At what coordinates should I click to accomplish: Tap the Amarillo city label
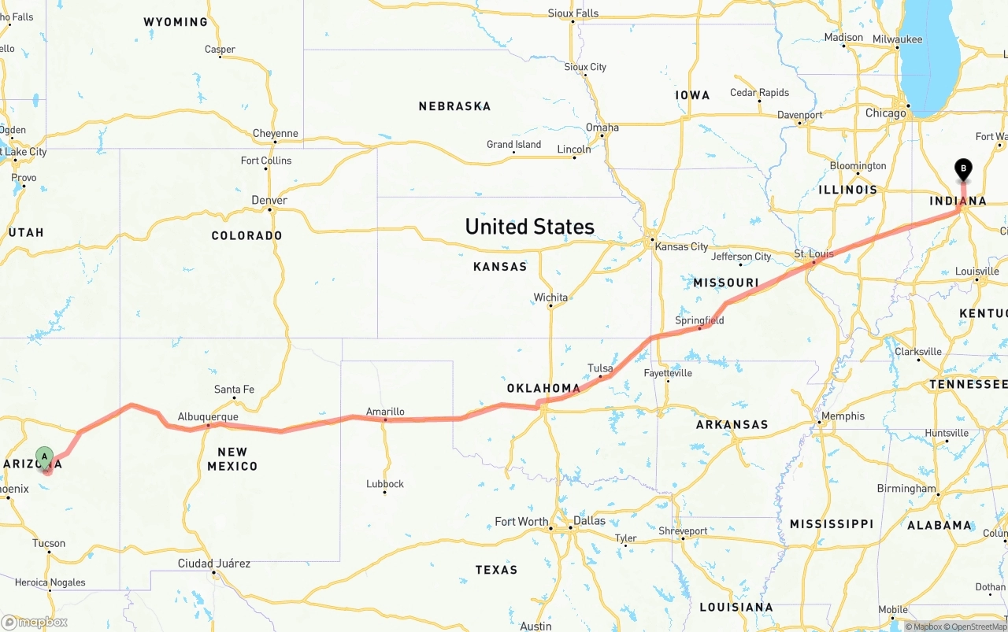click(x=385, y=412)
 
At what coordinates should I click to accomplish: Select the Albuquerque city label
click(x=208, y=416)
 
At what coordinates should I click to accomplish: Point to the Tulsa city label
click(x=600, y=368)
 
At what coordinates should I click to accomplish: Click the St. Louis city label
click(x=813, y=253)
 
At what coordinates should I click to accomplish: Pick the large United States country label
click(x=529, y=227)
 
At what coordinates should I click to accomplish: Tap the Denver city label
click(x=269, y=200)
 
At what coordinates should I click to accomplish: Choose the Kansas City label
click(x=681, y=246)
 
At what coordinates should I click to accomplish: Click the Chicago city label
click(x=886, y=113)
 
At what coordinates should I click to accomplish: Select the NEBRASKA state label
click(x=454, y=106)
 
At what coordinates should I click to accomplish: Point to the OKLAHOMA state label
click(x=543, y=388)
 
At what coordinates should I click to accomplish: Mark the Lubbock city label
click(x=385, y=484)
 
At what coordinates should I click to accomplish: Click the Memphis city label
click(x=843, y=416)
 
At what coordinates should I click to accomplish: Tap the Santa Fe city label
click(x=234, y=390)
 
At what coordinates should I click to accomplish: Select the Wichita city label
click(x=550, y=298)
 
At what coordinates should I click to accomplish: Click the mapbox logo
click(x=35, y=622)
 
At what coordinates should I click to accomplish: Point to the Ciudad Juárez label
click(x=214, y=564)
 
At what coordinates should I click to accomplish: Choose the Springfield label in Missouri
click(x=699, y=320)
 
